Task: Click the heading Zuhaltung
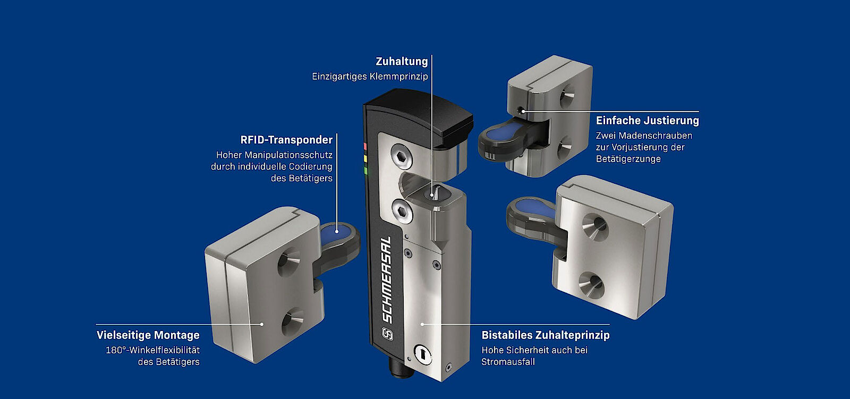(x=402, y=62)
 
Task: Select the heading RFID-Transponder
(x=286, y=140)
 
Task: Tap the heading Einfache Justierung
(x=648, y=121)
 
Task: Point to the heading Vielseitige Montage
(x=148, y=335)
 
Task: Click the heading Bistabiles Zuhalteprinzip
(x=546, y=335)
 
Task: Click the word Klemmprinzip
(x=398, y=77)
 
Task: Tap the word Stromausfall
(x=508, y=362)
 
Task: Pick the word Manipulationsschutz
(x=288, y=155)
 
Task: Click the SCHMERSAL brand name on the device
(x=386, y=279)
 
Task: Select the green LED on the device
(x=366, y=171)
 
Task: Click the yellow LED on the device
(x=365, y=159)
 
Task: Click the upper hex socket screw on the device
(x=402, y=156)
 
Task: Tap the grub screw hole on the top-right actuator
(x=521, y=111)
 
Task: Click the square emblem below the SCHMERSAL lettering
(x=387, y=334)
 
